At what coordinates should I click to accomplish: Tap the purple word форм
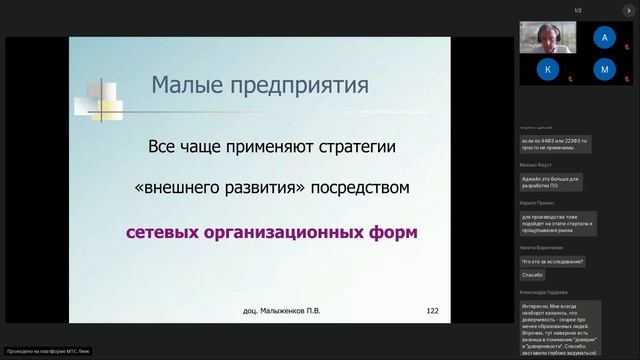(x=395, y=232)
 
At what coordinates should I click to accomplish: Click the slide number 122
(x=432, y=311)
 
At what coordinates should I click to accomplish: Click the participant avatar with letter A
(x=603, y=38)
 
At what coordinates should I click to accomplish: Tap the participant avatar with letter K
(x=547, y=69)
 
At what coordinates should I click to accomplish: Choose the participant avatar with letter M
(x=603, y=69)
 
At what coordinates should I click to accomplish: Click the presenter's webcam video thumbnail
(x=547, y=38)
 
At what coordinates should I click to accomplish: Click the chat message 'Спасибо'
(x=532, y=275)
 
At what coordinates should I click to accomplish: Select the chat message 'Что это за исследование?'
(x=553, y=261)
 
